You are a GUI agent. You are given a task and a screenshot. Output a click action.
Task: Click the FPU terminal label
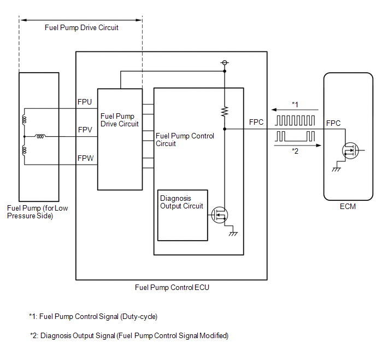pyautogui.click(x=85, y=102)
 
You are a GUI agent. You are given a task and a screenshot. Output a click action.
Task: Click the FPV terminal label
pyautogui.click(x=85, y=130)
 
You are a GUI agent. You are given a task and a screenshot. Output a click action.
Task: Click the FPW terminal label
pyautogui.click(x=85, y=159)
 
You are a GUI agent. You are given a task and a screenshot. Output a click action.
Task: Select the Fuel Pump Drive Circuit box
pyautogui.click(x=120, y=139)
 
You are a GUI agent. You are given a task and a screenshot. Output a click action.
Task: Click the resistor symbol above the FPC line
pyautogui.click(x=224, y=112)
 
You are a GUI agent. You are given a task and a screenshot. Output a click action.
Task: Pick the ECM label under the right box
pyautogui.click(x=348, y=206)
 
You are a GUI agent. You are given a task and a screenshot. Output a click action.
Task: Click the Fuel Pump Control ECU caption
pyautogui.click(x=172, y=287)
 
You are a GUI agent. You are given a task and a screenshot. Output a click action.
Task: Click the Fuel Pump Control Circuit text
pyautogui.click(x=185, y=140)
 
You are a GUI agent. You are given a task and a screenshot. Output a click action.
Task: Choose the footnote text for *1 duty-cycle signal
pyautogui.click(x=93, y=316)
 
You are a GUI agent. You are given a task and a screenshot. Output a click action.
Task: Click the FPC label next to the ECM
pyautogui.click(x=333, y=123)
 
